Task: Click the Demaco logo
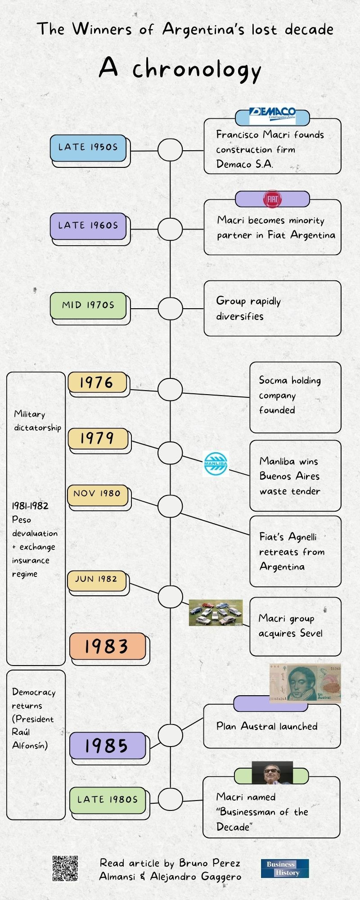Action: coord(272,115)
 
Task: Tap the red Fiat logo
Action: coord(272,199)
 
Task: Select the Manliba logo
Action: coord(216,463)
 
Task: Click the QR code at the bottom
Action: coord(65,868)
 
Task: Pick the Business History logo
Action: coord(285,868)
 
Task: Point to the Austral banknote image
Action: coord(305,683)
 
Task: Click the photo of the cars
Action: coord(216,612)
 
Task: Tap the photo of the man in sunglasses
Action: coord(272,773)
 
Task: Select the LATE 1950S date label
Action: coord(88,148)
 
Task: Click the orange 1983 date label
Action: coord(107,646)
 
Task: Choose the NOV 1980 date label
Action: coord(97,494)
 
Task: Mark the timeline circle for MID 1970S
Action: coord(170,309)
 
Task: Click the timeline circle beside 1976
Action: coord(170,389)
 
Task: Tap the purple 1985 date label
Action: coord(107,746)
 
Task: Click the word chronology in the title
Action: coord(197,70)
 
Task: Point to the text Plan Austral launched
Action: coord(267,726)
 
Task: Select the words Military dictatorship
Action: coord(37,421)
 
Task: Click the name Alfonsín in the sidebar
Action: coord(30,746)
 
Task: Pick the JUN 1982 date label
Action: coord(96,579)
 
